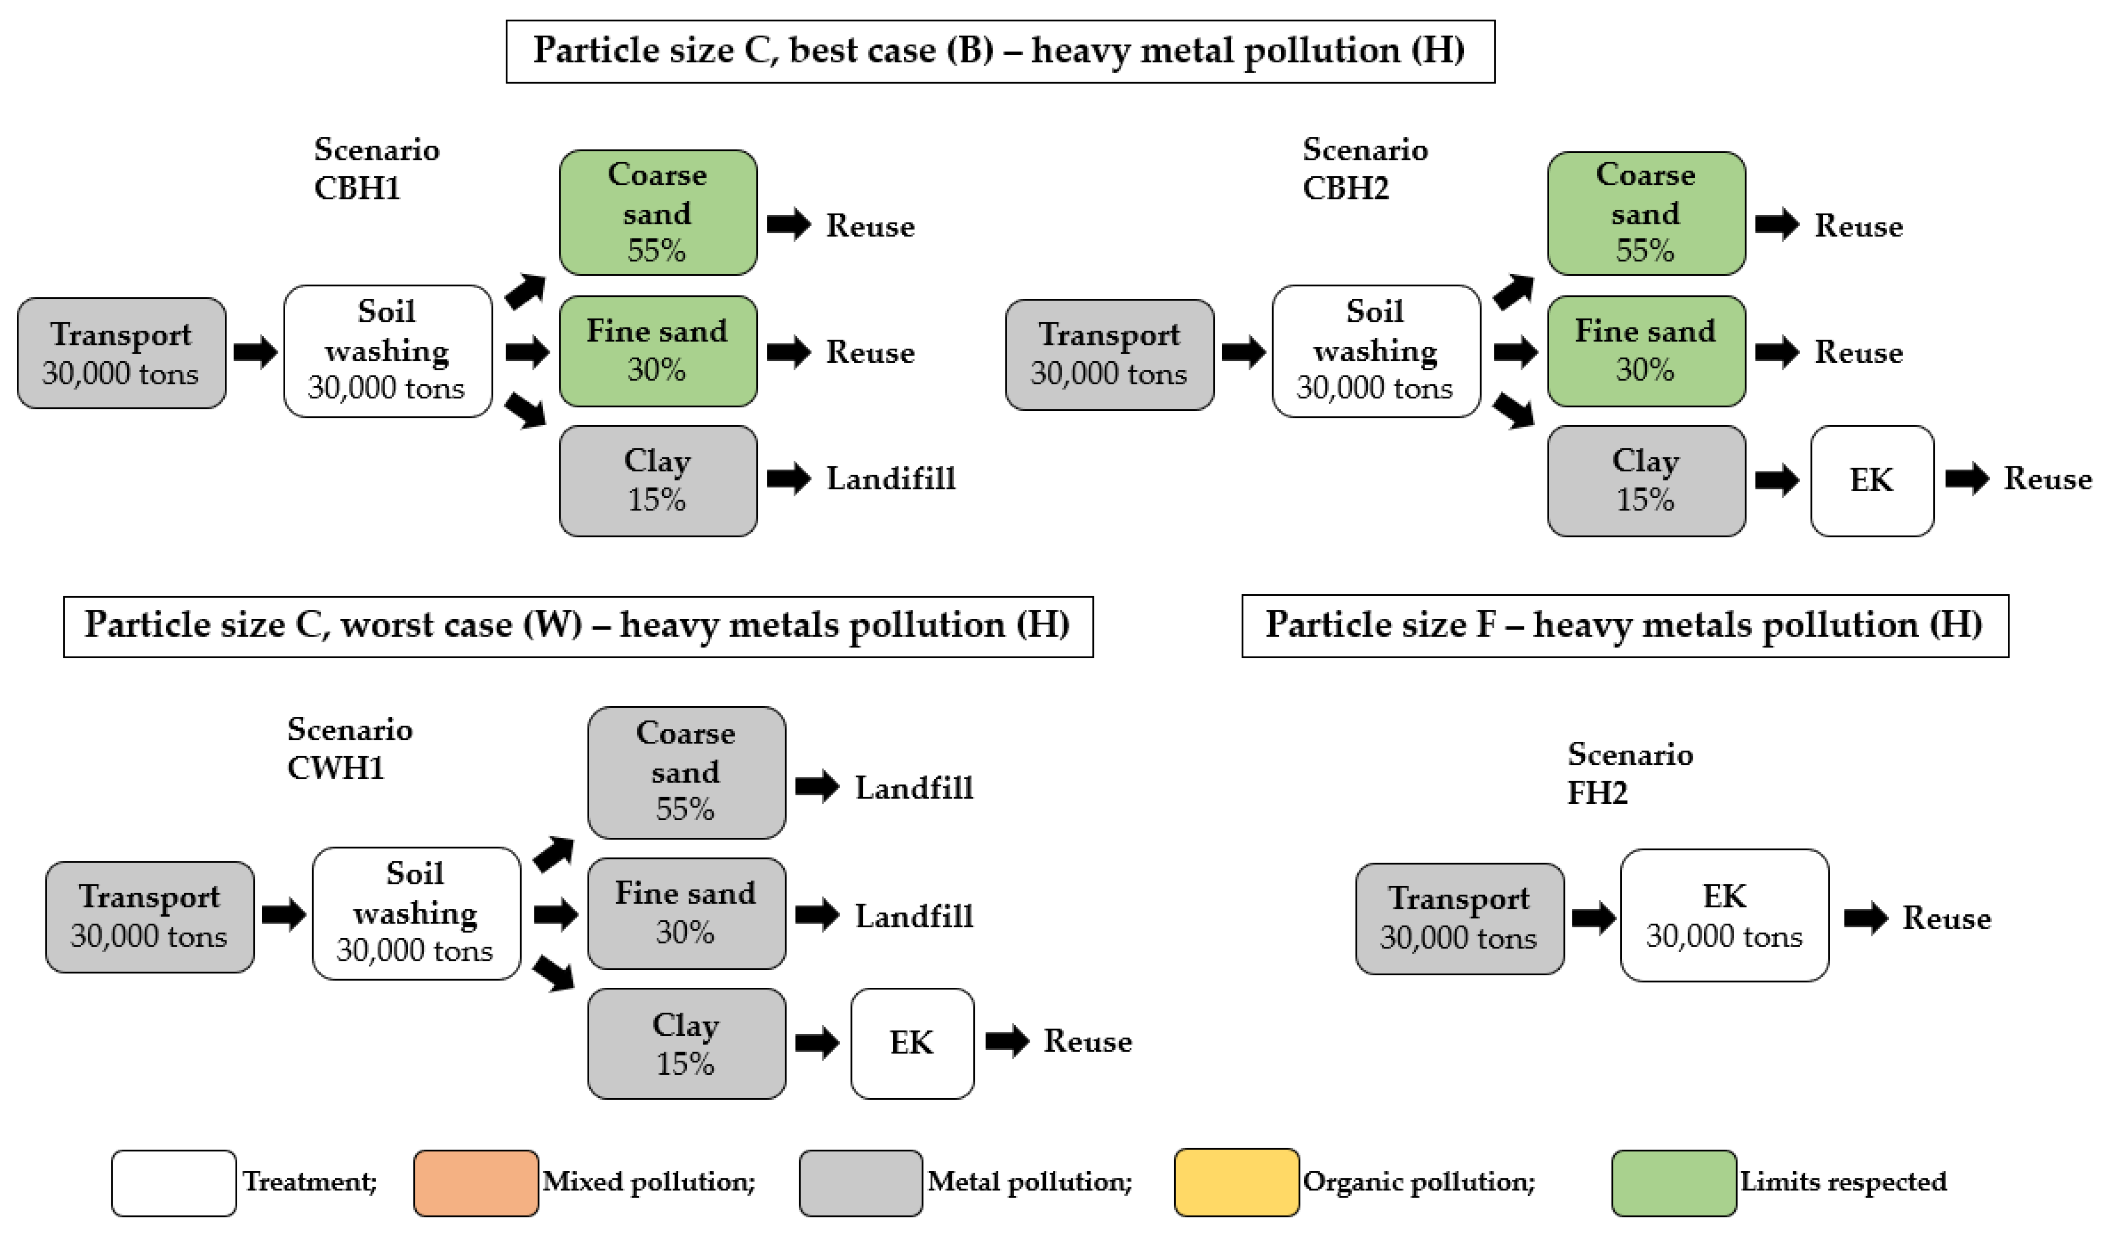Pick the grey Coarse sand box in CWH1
pyautogui.click(x=686, y=772)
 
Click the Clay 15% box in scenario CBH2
pyautogui.click(x=1645, y=481)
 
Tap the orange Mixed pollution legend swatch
pyautogui.click(x=475, y=1183)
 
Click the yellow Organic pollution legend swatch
pyautogui.click(x=1236, y=1183)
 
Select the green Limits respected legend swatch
pyautogui.click(x=1673, y=1183)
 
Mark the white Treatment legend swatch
pyautogui.click(x=173, y=1183)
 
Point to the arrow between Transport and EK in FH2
pyautogui.click(x=1592, y=918)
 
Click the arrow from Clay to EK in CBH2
pyautogui.click(x=1777, y=481)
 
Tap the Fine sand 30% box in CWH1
pyautogui.click(x=686, y=913)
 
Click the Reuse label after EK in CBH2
pyautogui.click(x=2047, y=479)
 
